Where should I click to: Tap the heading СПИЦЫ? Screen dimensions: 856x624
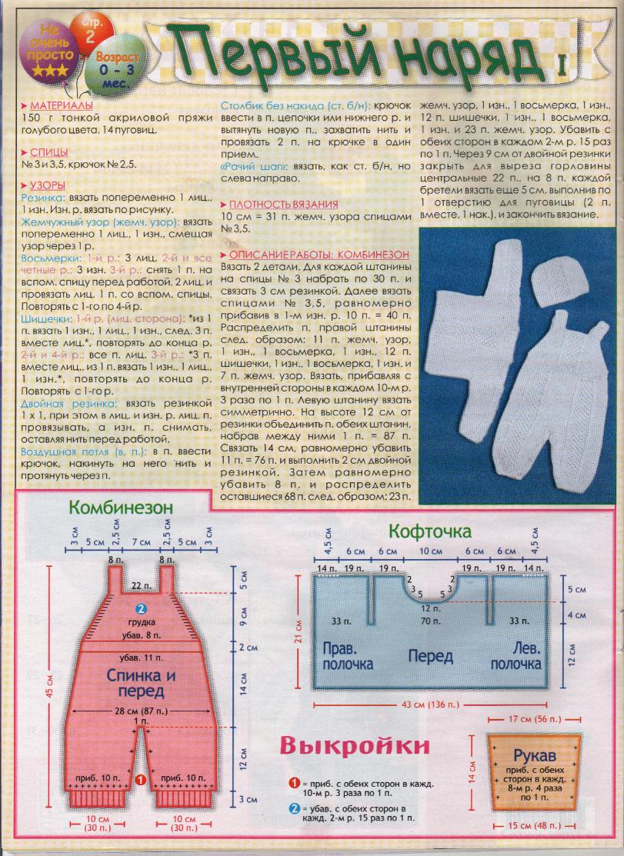click(x=48, y=152)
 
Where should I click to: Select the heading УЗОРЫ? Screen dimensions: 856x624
click(x=46, y=187)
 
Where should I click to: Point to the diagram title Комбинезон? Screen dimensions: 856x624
click(x=120, y=508)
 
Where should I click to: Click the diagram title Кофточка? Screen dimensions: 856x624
click(x=431, y=531)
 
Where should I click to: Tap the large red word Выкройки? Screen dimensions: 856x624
click(x=354, y=745)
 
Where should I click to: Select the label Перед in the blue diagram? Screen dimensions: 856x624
click(x=430, y=658)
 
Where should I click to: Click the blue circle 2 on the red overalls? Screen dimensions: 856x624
click(x=141, y=608)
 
